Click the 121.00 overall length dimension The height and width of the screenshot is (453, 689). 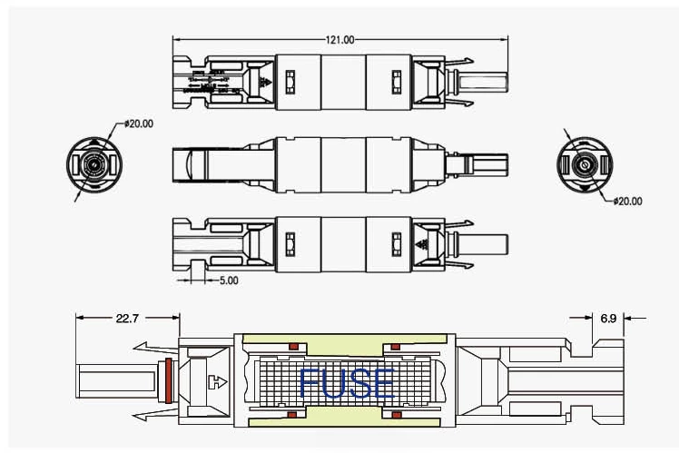[340, 40]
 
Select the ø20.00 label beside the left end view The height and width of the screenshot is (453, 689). [138, 123]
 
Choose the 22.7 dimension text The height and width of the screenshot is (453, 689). [126, 318]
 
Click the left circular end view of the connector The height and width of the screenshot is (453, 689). [93, 165]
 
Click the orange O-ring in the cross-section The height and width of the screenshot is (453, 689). [168, 382]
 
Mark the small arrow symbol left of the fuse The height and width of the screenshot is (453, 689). [215, 382]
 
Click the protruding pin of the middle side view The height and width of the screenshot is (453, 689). [494, 165]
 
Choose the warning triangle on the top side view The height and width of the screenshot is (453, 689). [266, 83]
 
